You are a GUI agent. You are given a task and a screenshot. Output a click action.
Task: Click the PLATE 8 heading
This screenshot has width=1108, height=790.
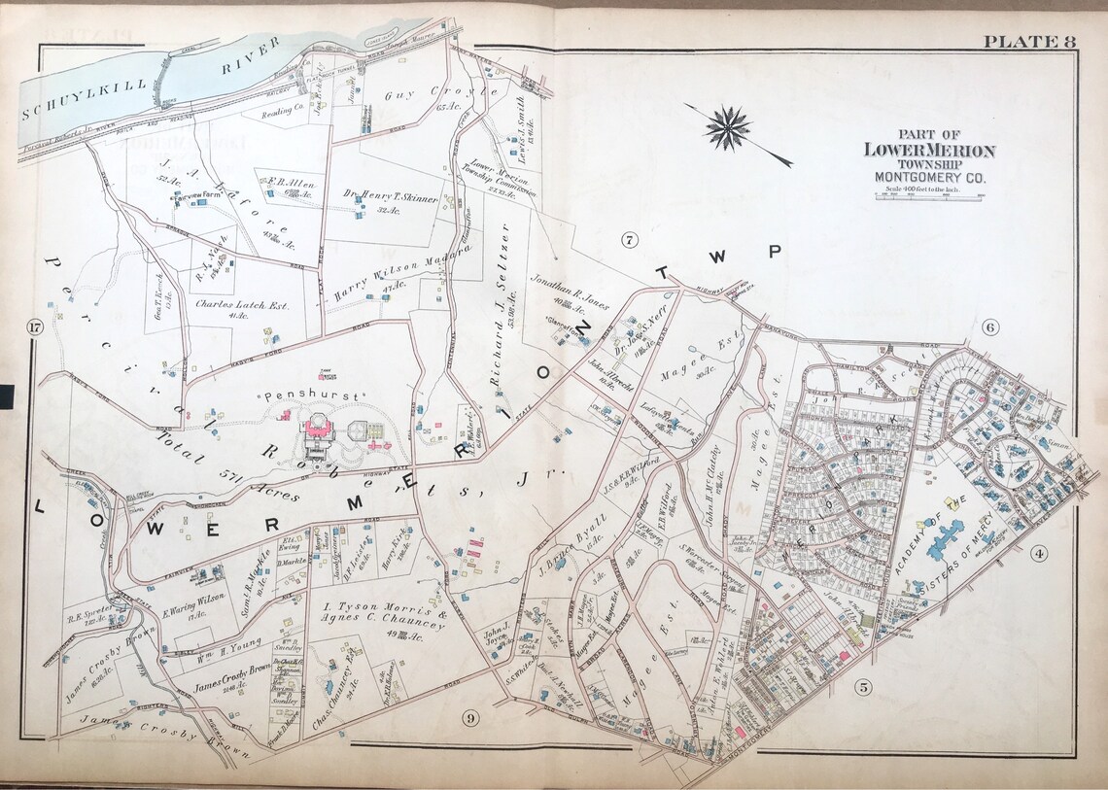click(1028, 41)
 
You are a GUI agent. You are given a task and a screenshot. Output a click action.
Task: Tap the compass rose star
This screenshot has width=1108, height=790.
click(728, 128)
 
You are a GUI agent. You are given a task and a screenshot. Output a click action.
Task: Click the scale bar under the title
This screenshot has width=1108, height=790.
click(930, 195)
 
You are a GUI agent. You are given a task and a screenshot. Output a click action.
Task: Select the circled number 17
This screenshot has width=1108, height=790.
click(36, 327)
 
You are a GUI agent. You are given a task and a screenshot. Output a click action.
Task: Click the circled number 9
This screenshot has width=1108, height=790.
click(469, 718)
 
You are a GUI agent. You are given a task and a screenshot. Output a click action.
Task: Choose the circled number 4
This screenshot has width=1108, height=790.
click(1039, 555)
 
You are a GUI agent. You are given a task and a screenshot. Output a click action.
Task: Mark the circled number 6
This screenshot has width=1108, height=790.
click(990, 327)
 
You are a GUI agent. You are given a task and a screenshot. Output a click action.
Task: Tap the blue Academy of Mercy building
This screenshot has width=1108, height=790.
click(942, 534)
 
